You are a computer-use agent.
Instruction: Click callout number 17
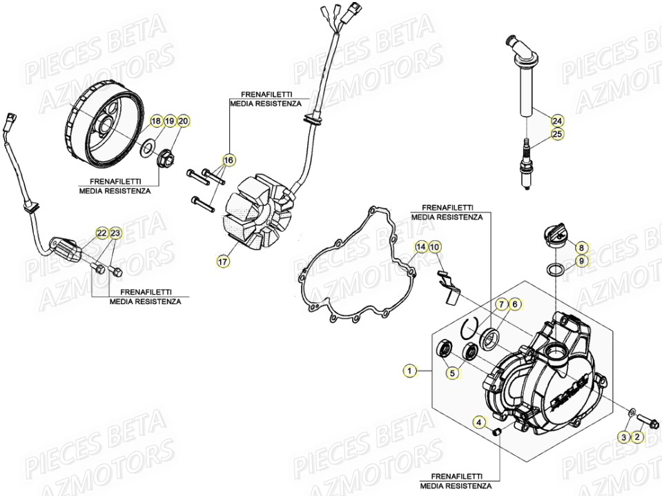pos(222,261)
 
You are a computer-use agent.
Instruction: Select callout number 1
pos(409,371)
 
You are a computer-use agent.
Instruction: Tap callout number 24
pos(557,119)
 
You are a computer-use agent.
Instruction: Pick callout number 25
pos(557,134)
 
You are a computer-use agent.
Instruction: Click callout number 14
pos(421,246)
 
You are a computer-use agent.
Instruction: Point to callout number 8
pos(581,247)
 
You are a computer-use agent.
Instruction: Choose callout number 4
pos(478,421)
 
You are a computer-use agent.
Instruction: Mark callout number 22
pos(101,233)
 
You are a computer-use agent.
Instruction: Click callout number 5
pos(452,373)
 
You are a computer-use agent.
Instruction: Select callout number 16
pos(228,160)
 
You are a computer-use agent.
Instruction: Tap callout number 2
pos(636,437)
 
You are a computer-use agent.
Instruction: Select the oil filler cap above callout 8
pos(555,243)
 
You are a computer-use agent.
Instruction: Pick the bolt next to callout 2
pos(645,417)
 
